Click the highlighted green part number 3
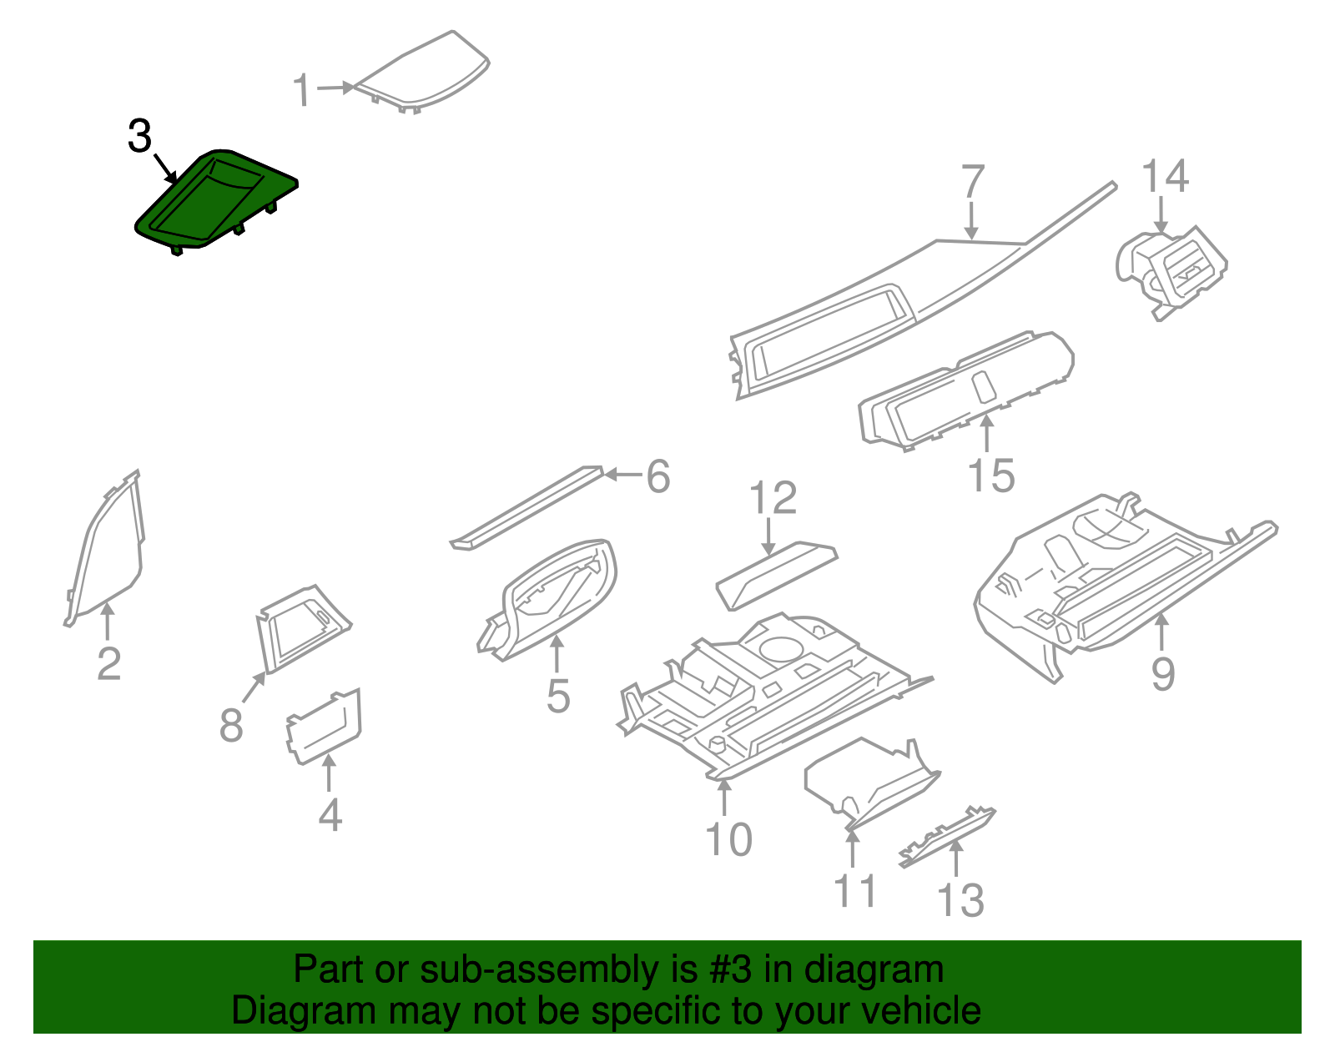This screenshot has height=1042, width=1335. pyautogui.click(x=213, y=200)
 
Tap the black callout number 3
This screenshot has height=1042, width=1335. pyautogui.click(x=140, y=136)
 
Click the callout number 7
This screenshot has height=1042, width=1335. pyautogui.click(x=973, y=182)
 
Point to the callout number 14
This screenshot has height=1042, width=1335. pyautogui.click(x=1165, y=176)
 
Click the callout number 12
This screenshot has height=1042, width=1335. pyautogui.click(x=773, y=498)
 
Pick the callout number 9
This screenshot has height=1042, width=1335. pyautogui.click(x=1163, y=672)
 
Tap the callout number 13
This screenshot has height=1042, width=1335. pyautogui.click(x=961, y=900)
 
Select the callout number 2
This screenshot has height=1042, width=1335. pyautogui.click(x=109, y=664)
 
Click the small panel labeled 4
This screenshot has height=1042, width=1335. pyautogui.click(x=325, y=725)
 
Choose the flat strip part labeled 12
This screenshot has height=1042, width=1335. pyautogui.click(x=776, y=573)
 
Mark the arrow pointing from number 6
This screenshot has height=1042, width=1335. pyautogui.click(x=622, y=475)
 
